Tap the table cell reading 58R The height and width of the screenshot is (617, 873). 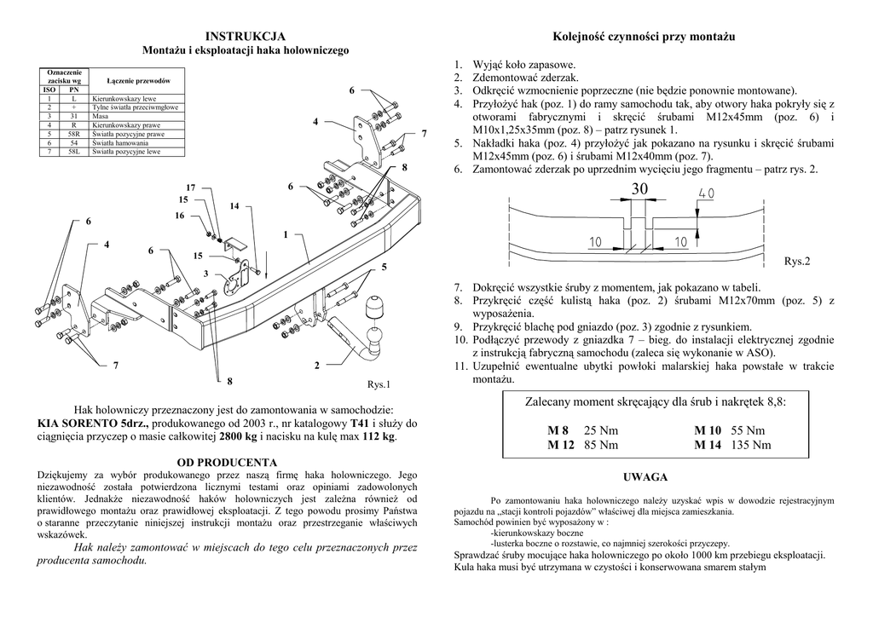pos(73,134)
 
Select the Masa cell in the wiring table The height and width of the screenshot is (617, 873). pos(100,117)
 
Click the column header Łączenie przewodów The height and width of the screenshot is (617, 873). pos(138,80)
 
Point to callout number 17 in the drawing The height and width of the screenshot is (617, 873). pos(190,187)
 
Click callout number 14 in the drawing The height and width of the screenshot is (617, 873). pos(234,205)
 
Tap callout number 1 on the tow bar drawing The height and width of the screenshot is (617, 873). pos(285,234)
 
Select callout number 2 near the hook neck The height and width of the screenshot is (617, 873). pos(315,366)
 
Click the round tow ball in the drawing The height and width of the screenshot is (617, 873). pos(375,307)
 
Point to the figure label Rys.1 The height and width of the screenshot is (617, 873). pos(378,384)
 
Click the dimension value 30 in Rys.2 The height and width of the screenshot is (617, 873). pos(640,189)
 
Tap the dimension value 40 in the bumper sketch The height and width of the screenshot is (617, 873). pos(706,195)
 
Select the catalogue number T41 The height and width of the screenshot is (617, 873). pos(360,423)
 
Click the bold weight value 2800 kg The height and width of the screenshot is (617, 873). pos(238,437)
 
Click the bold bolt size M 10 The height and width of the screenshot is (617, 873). pos(708,430)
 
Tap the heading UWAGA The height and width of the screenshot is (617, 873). pos(645,476)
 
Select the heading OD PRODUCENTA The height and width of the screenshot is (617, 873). pos(227,462)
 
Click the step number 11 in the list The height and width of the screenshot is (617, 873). pos(460,366)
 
